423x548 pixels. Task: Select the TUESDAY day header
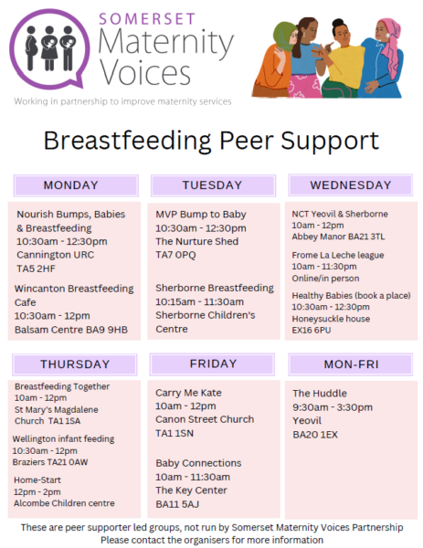point(213,185)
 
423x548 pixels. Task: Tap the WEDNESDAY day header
point(350,185)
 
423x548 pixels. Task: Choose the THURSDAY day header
point(75,364)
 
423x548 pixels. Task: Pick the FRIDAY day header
point(212,364)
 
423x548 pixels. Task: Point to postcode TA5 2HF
point(36,269)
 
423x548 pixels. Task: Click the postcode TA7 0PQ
point(175,255)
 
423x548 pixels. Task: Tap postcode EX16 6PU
point(312,331)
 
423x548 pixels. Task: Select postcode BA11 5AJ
point(177,504)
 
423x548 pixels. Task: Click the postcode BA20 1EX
point(315,435)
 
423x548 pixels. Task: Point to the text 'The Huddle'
point(320,394)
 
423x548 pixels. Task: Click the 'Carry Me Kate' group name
point(188,393)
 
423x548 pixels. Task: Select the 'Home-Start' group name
point(37,480)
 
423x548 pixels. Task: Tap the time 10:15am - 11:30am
point(199,302)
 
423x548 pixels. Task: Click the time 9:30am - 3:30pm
point(333,407)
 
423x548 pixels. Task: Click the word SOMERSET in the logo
point(147,19)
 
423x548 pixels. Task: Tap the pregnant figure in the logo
point(31,47)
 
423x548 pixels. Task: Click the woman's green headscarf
point(284,36)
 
